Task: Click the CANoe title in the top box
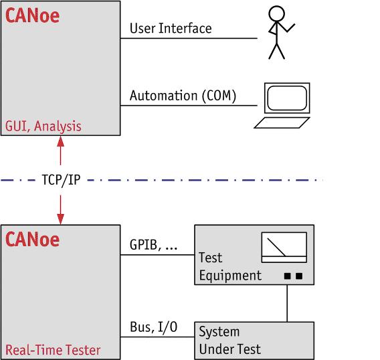click(32, 16)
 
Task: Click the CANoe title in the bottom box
click(32, 240)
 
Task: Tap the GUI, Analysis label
click(43, 126)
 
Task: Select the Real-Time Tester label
click(53, 350)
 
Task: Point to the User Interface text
click(171, 28)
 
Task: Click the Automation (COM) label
click(183, 96)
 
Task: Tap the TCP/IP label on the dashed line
click(61, 180)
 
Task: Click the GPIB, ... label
click(154, 245)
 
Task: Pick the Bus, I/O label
click(154, 327)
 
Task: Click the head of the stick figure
click(276, 13)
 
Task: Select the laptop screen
click(287, 98)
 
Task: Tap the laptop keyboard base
click(282, 122)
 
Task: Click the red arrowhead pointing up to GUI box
click(61, 141)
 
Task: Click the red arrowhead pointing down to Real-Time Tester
click(61, 219)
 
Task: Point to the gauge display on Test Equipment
click(284, 248)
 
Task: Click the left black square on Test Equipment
click(287, 276)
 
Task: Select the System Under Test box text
click(229, 341)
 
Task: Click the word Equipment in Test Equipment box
click(230, 276)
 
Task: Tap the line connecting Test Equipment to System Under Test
click(287, 303)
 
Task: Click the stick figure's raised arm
click(286, 27)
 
